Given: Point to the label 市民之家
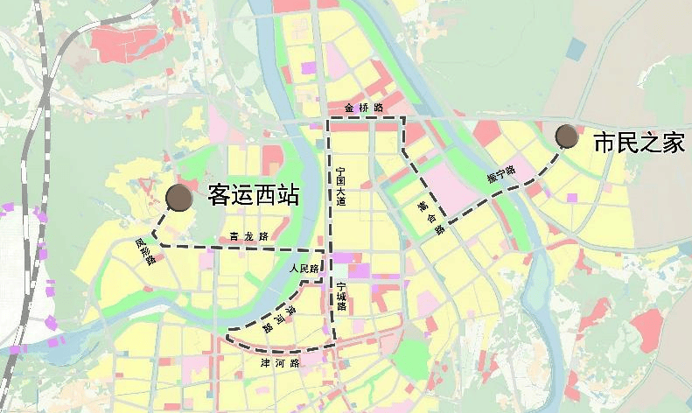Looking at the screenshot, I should point(639,143).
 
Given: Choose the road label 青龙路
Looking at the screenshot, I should point(248,236).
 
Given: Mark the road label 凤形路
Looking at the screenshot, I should point(145,251).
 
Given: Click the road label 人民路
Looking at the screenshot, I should point(304,269).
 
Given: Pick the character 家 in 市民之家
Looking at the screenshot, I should point(673,143).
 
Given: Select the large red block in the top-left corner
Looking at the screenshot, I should point(131,44).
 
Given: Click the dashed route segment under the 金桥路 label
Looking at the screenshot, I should point(366,117).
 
